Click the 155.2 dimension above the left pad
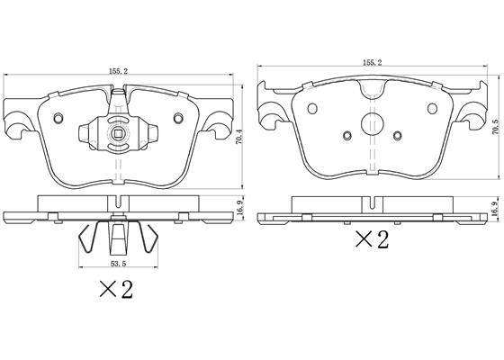click(118, 71)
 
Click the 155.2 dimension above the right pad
click(372, 63)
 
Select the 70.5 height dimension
click(495, 127)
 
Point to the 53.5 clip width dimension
click(118, 264)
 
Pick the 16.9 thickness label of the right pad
click(495, 209)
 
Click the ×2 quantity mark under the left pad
click(116, 289)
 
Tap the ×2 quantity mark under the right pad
click(372, 239)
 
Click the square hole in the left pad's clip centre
click(118, 133)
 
